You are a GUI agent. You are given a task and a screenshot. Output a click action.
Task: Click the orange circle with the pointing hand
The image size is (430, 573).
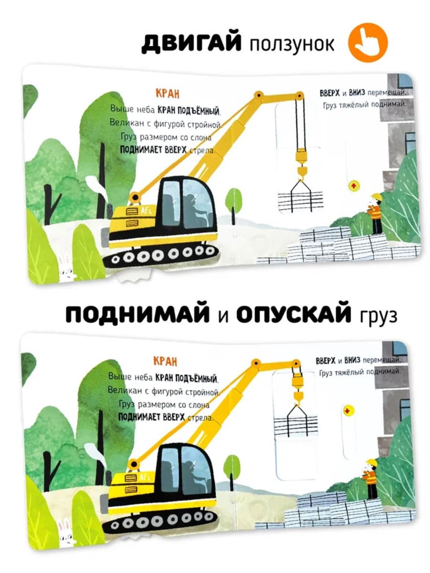coord(367,42)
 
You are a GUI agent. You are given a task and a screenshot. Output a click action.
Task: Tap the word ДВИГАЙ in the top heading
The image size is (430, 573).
coord(191,42)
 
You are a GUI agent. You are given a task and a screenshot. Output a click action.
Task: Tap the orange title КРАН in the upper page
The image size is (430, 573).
coord(167,94)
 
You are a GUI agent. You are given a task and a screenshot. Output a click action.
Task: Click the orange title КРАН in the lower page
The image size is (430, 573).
coord(165,361)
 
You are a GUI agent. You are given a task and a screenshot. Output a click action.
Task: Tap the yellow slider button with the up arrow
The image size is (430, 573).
coord(354,186)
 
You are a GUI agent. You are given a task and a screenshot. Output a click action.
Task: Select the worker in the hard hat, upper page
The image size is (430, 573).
coord(375,214)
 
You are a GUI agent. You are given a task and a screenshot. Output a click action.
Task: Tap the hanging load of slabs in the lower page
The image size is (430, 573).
coord(296,425)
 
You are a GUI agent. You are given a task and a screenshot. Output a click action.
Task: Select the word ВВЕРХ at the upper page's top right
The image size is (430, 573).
coord(330,93)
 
